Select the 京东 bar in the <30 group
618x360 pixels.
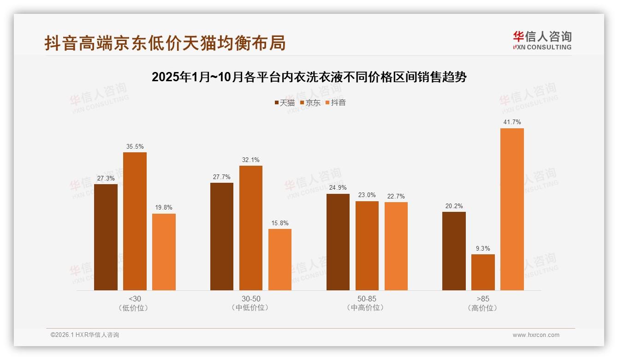pyautogui.click(x=135, y=221)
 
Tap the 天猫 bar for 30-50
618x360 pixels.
pyautogui.click(x=222, y=236)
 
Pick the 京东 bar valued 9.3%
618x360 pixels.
pyautogui.click(x=483, y=272)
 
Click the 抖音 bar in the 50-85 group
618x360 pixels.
pyautogui.click(x=396, y=246)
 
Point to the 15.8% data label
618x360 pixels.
pyautogui.click(x=280, y=223)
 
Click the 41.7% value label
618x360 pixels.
pyautogui.click(x=512, y=122)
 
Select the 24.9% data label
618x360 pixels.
pyautogui.click(x=338, y=188)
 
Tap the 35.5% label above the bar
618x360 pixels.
pyautogui.click(x=135, y=147)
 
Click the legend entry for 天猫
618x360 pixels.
pyautogui.click(x=285, y=103)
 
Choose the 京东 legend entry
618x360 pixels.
pyautogui.click(x=310, y=103)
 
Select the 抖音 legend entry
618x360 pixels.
pyautogui.click(x=336, y=103)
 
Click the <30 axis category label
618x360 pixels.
pyautogui.click(x=135, y=299)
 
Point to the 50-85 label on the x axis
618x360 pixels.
pyautogui.click(x=367, y=299)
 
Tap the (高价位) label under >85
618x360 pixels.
pyautogui.click(x=482, y=308)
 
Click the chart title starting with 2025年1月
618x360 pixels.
pyautogui.click(x=309, y=77)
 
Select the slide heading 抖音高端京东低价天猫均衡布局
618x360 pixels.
pyautogui.click(x=165, y=42)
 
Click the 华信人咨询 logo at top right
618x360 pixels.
pyautogui.click(x=542, y=41)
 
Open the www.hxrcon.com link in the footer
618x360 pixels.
pyautogui.click(x=536, y=335)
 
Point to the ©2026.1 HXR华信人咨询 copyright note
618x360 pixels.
pyautogui.click(x=85, y=335)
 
